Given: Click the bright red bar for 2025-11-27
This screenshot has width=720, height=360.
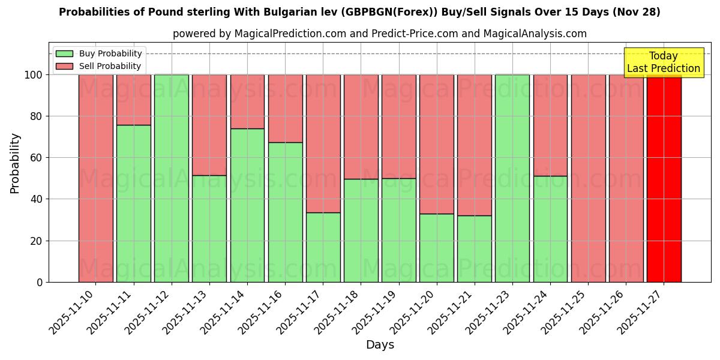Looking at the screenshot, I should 664,178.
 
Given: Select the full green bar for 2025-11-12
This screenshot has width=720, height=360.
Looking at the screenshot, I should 172,178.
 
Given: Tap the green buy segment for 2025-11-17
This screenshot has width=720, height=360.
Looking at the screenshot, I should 323,247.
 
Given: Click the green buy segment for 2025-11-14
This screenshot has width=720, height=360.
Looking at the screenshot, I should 247,205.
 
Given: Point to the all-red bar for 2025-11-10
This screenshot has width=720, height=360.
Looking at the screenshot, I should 96,178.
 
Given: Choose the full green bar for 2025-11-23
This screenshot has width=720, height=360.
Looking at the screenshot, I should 512,178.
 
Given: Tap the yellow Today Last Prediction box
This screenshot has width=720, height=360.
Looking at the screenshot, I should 664,62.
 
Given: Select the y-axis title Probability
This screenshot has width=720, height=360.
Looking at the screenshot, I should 15,163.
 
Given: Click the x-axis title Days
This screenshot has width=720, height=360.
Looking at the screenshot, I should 380,345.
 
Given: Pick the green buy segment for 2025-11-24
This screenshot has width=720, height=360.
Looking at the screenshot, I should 550,229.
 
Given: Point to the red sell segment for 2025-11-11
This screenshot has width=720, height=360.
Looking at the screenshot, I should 134,100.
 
